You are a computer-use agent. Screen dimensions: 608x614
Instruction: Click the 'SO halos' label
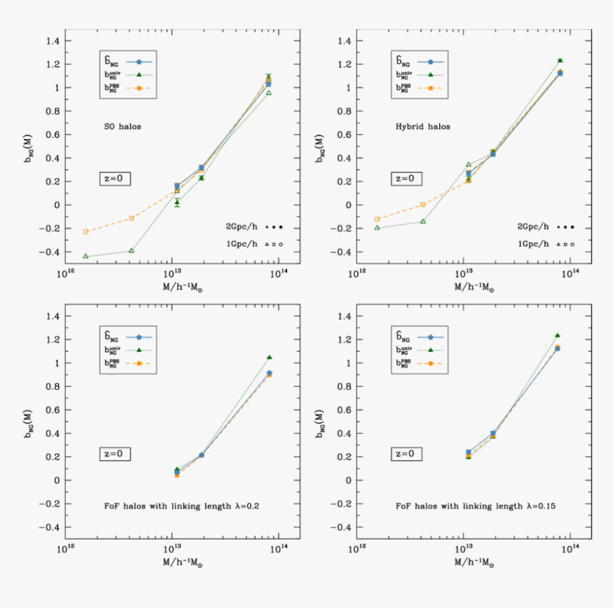[x=121, y=126]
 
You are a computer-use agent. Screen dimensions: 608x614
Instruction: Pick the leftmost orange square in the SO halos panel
[x=86, y=231]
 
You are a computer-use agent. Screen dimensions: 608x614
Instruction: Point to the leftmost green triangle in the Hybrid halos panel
[x=378, y=228]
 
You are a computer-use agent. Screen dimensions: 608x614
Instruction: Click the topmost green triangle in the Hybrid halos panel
[x=560, y=61]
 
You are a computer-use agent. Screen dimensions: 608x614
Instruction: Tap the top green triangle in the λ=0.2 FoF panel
[x=268, y=358]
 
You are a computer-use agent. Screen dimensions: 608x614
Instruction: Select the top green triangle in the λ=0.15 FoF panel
[x=558, y=335]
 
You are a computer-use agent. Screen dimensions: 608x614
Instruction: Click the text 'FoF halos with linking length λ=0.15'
[x=475, y=506]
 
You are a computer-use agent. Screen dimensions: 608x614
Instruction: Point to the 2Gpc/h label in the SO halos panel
[x=241, y=226]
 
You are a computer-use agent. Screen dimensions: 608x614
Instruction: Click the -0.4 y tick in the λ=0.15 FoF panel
[x=341, y=527]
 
